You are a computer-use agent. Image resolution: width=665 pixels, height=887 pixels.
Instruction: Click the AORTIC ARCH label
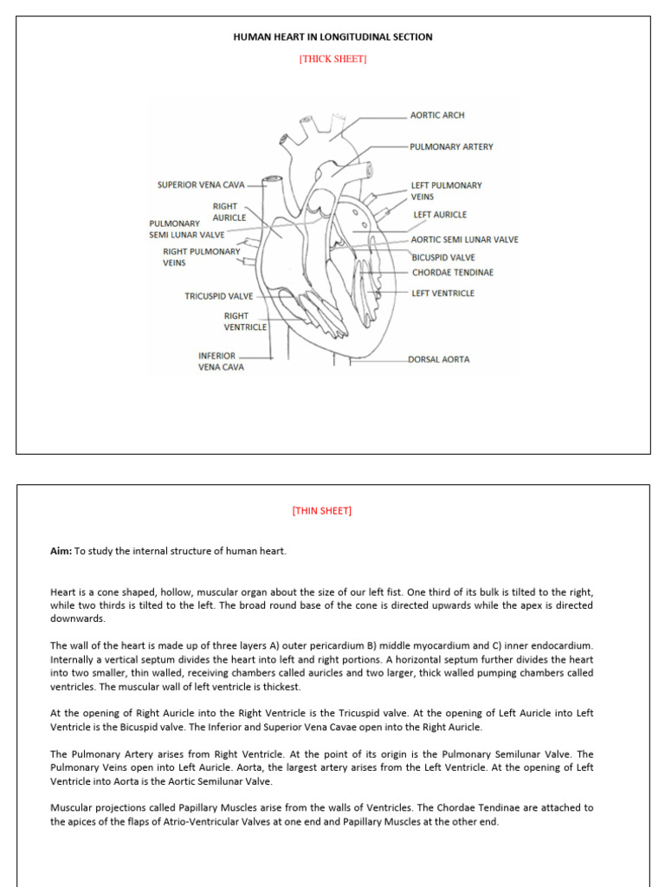(437, 115)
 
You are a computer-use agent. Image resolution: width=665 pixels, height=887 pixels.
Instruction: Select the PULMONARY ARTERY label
(451, 147)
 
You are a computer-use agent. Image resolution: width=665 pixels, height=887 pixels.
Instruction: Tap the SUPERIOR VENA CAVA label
(201, 185)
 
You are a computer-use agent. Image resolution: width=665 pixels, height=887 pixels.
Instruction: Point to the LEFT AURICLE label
(440, 215)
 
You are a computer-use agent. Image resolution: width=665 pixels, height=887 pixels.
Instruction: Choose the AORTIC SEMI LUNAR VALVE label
(464, 240)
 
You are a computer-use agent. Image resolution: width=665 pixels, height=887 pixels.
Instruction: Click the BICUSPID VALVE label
(442, 257)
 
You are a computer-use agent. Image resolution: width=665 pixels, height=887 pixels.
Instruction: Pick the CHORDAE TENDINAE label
(452, 273)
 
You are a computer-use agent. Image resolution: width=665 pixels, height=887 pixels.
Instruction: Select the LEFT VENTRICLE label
(442, 294)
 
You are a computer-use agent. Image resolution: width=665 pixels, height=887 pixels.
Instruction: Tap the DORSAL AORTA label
(439, 359)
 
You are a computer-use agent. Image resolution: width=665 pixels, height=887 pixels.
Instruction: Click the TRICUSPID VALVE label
(218, 296)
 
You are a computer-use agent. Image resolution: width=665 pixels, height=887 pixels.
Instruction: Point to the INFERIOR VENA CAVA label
(221, 361)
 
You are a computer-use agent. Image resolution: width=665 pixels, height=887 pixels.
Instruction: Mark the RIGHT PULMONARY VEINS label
(201, 257)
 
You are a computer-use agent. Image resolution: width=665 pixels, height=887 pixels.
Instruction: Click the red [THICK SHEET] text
(333, 59)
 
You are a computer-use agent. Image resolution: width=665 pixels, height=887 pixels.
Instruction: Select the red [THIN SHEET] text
(322, 511)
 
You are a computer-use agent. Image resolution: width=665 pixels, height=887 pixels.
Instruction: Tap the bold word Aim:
(61, 551)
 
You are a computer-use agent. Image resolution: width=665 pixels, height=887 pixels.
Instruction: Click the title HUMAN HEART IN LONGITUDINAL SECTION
(333, 37)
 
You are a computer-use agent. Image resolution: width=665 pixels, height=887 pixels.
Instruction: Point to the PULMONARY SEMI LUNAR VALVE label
(186, 229)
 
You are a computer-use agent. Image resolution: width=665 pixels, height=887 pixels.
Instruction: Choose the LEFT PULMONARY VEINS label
(446, 191)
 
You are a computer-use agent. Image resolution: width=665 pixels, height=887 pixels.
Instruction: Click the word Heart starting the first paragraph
(62, 592)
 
